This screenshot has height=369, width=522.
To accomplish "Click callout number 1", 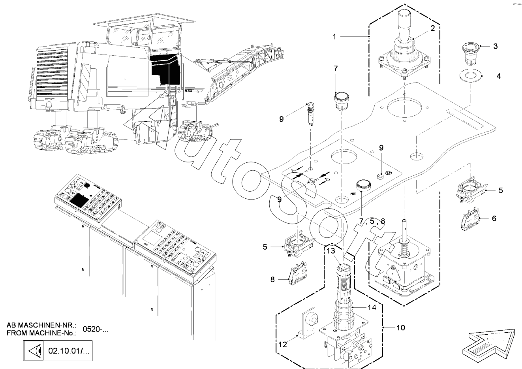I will (x=334, y=36).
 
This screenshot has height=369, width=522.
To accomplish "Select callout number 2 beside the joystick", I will (x=432, y=28).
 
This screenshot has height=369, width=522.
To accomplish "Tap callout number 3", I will (x=495, y=46).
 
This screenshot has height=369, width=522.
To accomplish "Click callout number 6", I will (x=494, y=218).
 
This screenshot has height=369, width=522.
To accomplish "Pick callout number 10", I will (x=400, y=328).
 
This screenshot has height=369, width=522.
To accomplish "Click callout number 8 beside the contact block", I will (x=272, y=280).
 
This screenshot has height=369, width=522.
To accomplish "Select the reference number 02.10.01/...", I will (x=69, y=350).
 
